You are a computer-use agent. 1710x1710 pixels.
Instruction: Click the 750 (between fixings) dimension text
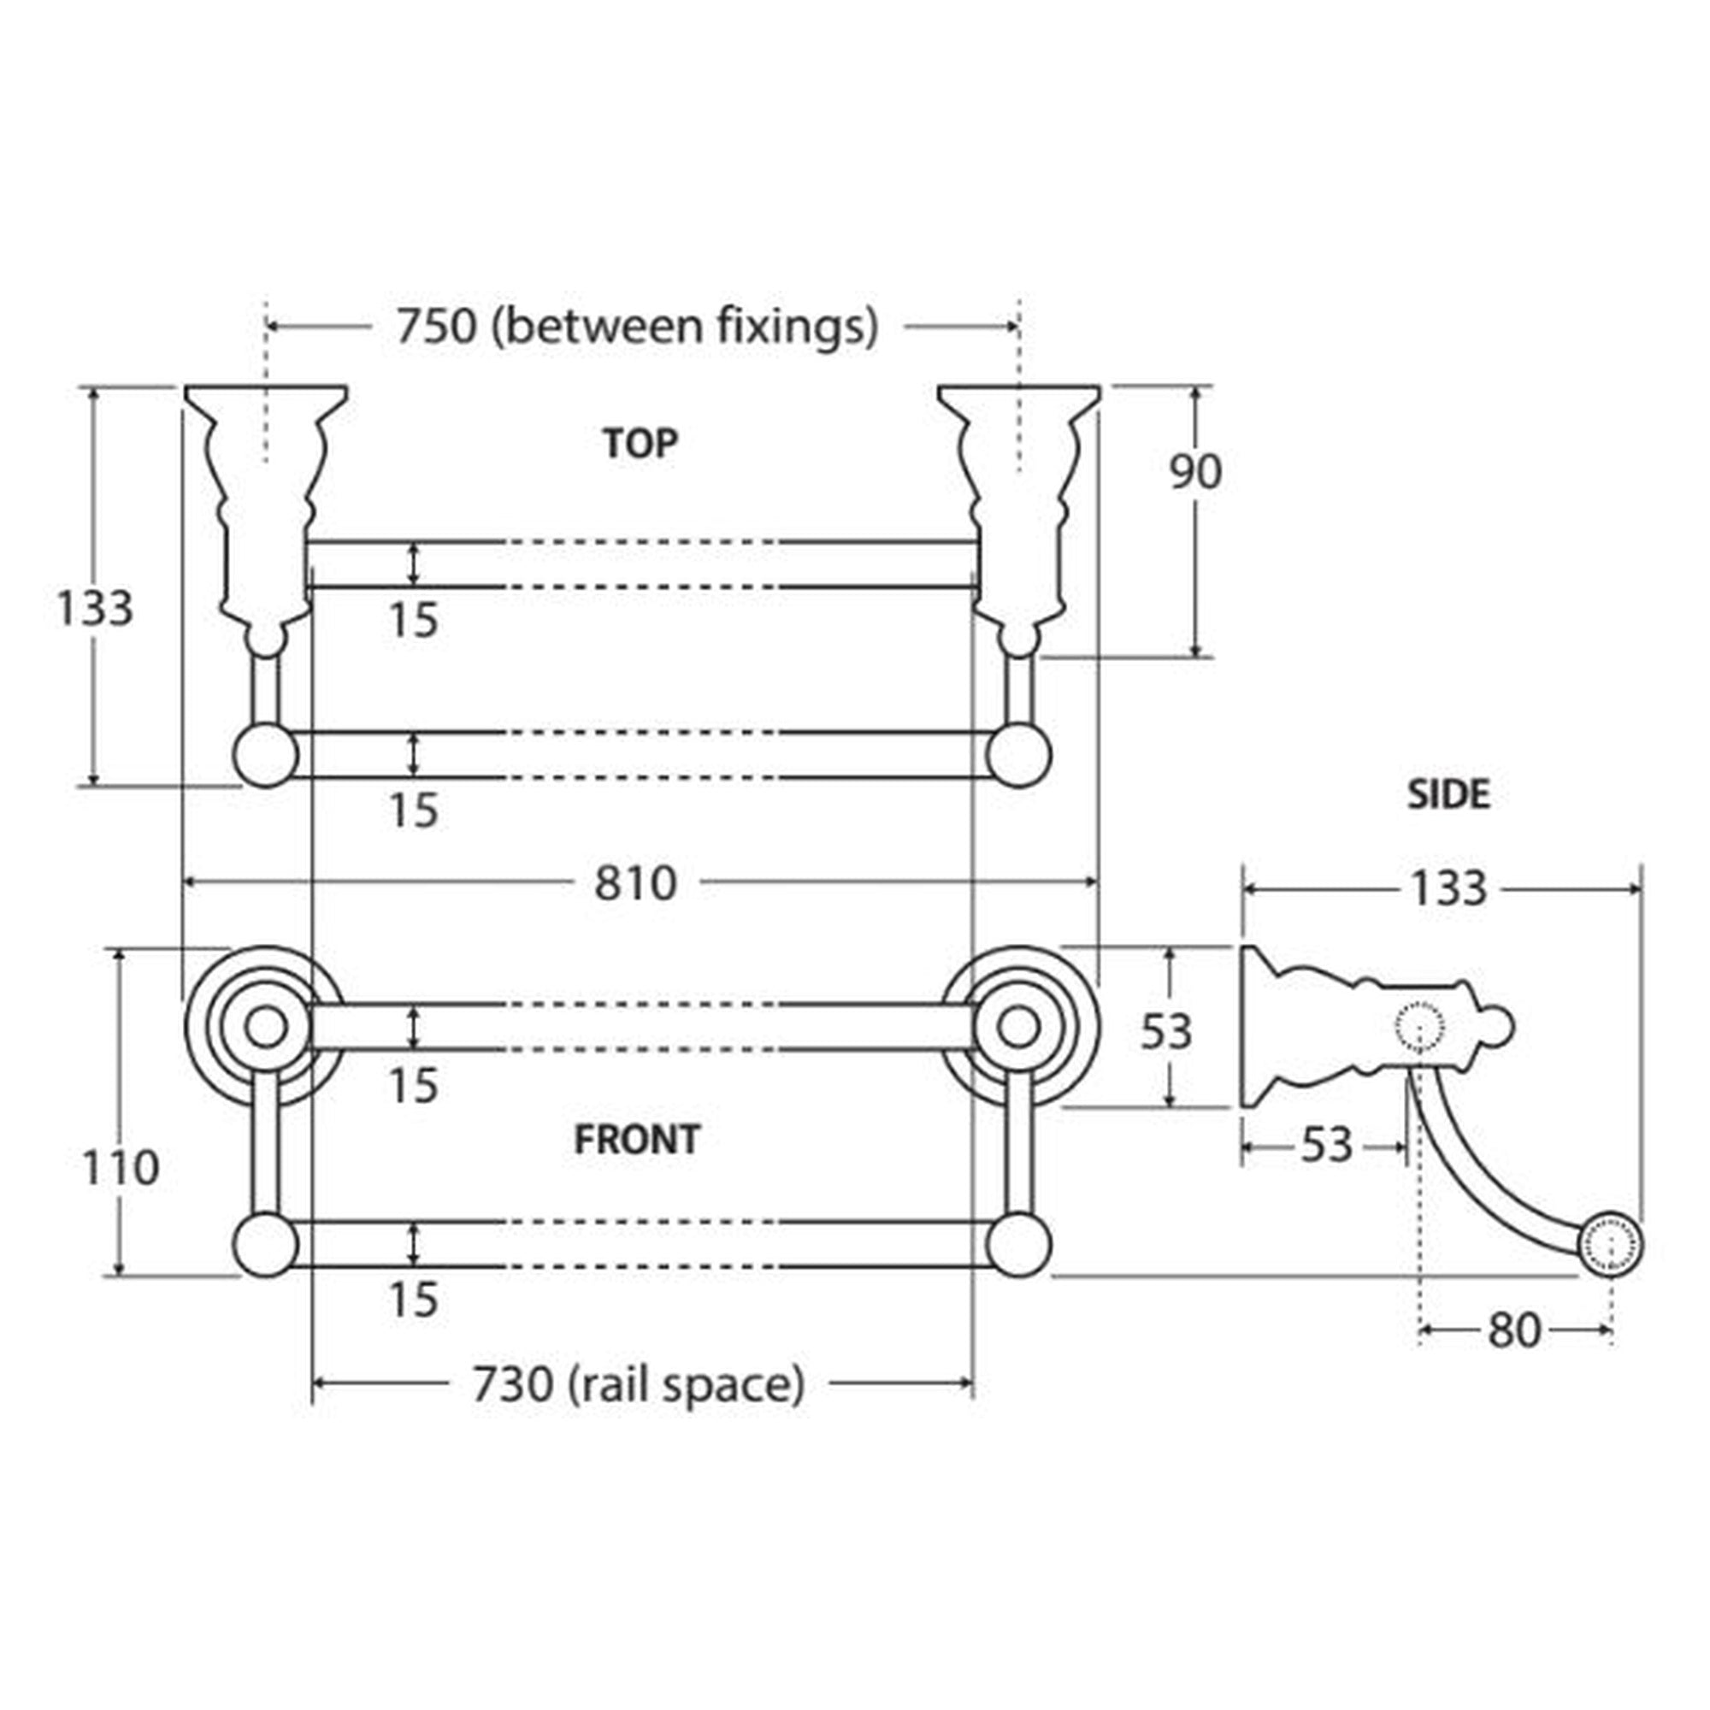pyautogui.click(x=637, y=327)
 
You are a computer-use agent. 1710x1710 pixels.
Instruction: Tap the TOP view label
pyautogui.click(x=640, y=444)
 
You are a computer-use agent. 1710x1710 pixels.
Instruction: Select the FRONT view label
pyautogui.click(x=637, y=1139)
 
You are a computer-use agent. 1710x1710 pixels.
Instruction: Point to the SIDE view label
pyautogui.click(x=1449, y=795)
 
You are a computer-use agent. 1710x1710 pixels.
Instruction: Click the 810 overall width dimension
pyautogui.click(x=635, y=883)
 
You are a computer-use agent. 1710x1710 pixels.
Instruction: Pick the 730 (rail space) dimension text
pyautogui.click(x=639, y=1384)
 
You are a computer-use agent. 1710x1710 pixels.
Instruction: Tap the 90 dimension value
pyautogui.click(x=1196, y=472)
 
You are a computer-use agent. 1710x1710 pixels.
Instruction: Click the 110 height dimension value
pyautogui.click(x=121, y=1167)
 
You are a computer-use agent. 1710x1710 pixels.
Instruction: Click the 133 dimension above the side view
pyautogui.click(x=1448, y=888)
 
